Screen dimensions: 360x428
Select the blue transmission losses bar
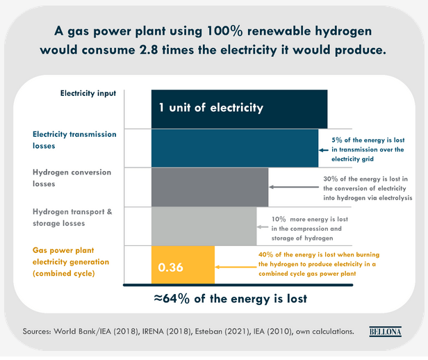[x=235, y=147]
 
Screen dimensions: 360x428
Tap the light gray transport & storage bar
[x=203, y=226]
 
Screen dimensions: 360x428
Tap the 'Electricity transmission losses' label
[x=74, y=140]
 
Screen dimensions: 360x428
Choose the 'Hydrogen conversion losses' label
[x=72, y=178]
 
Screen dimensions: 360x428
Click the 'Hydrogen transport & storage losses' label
[x=72, y=217]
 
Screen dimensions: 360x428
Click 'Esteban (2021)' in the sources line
[x=231, y=332]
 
